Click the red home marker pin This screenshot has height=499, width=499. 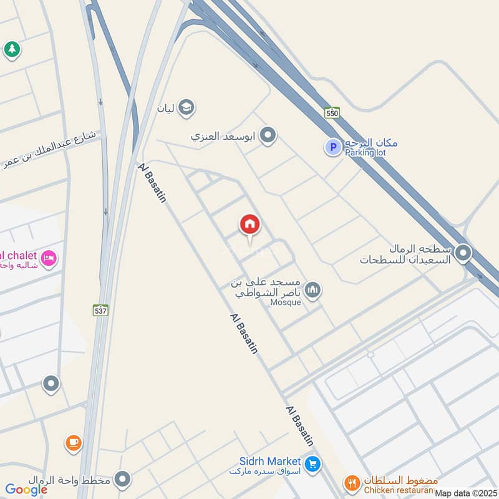click(249, 225)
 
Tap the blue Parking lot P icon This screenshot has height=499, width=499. click(332, 147)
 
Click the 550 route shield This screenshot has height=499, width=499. click(332, 113)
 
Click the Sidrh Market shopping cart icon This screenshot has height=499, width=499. click(313, 463)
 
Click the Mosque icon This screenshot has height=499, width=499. click(313, 290)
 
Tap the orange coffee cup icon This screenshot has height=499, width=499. click(74, 443)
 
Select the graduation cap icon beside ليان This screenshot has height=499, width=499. click(185, 108)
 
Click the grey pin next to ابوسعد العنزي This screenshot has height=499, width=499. click(268, 135)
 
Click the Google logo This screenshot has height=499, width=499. click(26, 490)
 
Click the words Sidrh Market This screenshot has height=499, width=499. click(270, 462)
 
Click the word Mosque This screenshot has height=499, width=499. click(286, 303)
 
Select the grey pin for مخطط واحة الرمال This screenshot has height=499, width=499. click(124, 480)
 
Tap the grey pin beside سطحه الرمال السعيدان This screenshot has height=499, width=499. click(463, 253)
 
